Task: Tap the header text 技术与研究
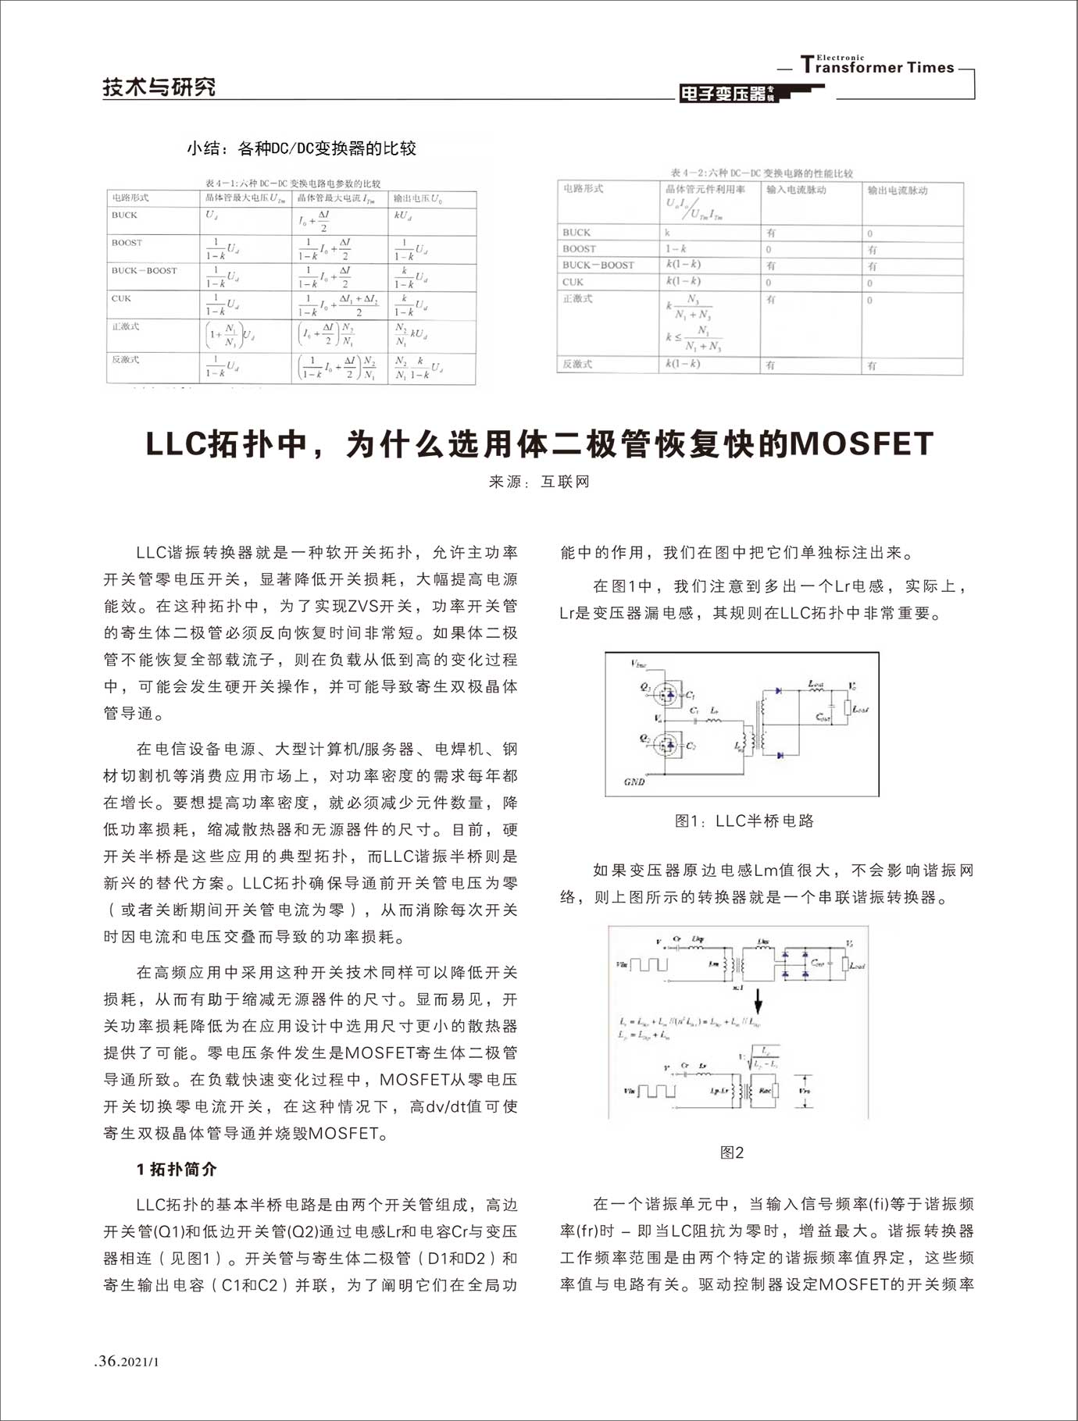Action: pyautogui.click(x=159, y=87)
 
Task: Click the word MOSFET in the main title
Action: pyautogui.click(x=862, y=443)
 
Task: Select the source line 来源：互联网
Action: pyautogui.click(x=539, y=482)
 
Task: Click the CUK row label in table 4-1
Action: pyautogui.click(x=122, y=298)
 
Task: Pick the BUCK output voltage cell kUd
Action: pyautogui.click(x=403, y=215)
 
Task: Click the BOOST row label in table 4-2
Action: pyautogui.click(x=579, y=248)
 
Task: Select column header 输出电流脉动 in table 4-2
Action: pyautogui.click(x=898, y=190)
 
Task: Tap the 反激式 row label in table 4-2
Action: pyautogui.click(x=577, y=364)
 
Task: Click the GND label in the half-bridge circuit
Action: pyautogui.click(x=634, y=782)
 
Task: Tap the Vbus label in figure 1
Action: pyautogui.click(x=638, y=664)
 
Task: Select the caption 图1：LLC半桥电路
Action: pyautogui.click(x=744, y=821)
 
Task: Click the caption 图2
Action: pyautogui.click(x=732, y=1152)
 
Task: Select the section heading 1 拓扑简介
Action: pyautogui.click(x=177, y=1169)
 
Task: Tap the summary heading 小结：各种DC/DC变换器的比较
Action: pyautogui.click(x=301, y=148)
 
